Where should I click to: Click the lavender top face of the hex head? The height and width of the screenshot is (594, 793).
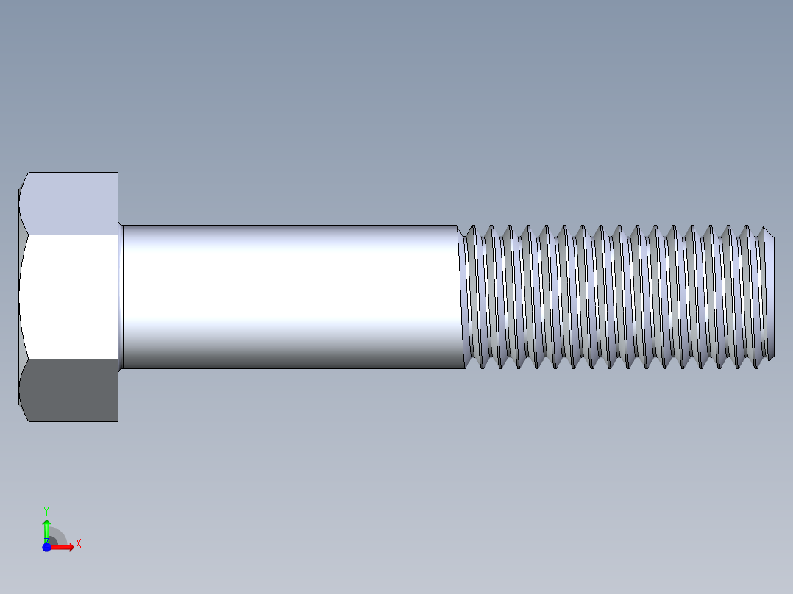click(70, 204)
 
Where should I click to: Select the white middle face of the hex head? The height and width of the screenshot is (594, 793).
click(70, 296)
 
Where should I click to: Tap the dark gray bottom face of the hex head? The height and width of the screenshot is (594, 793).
click(70, 390)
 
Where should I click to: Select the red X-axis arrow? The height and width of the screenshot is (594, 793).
click(65, 547)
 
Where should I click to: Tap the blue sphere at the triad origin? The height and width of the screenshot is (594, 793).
click(46, 547)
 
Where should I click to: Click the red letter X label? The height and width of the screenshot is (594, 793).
click(78, 544)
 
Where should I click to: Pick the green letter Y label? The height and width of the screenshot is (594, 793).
click(46, 510)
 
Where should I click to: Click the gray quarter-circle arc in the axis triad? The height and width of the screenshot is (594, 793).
click(59, 535)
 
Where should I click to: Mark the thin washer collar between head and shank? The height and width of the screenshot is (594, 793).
click(121, 296)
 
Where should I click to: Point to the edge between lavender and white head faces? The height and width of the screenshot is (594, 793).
click(70, 235)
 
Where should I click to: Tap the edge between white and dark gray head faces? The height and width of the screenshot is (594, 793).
click(70, 359)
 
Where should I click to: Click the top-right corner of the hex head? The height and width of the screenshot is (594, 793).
click(118, 173)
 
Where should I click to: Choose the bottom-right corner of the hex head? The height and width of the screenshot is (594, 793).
click(118, 421)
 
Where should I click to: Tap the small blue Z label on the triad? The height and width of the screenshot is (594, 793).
click(46, 540)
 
